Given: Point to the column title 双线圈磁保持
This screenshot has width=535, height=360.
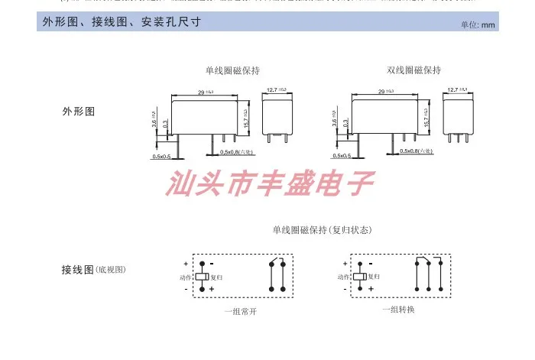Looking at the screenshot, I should [x=413, y=70].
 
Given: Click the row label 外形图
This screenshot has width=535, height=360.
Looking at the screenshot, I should [x=79, y=112].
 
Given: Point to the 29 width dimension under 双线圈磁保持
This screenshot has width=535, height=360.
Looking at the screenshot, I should [x=381, y=92].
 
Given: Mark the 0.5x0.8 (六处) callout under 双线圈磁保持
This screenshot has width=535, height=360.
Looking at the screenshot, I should [x=416, y=151].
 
